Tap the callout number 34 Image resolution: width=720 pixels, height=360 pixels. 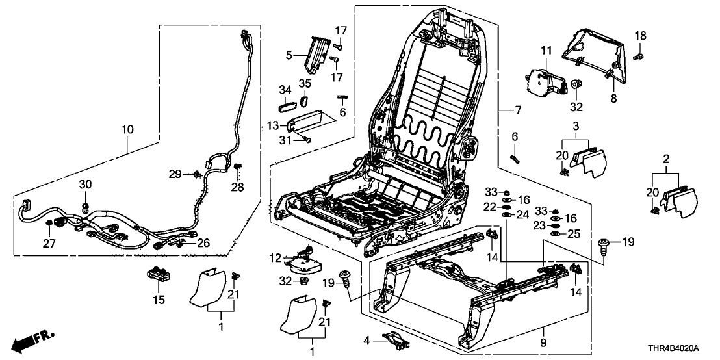284,89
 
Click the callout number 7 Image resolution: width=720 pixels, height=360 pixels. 517,110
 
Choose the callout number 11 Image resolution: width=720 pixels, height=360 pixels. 545,50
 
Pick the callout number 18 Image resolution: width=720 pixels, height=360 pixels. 641,35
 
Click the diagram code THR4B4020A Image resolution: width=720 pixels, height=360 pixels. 682,349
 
